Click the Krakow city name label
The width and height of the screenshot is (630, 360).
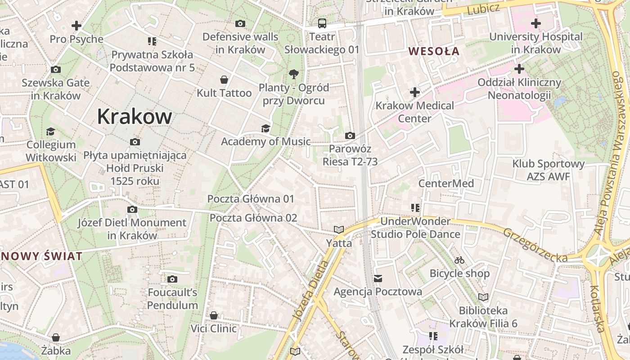tap(135, 117)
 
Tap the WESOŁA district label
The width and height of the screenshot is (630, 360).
tap(434, 51)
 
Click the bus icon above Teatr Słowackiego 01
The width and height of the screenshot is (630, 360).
tap(322, 23)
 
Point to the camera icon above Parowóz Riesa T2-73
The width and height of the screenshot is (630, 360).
tap(350, 135)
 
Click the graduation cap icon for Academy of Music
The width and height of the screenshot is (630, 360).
tap(266, 129)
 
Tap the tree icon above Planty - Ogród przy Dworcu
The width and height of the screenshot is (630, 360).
tap(294, 74)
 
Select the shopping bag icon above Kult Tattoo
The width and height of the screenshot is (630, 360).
tap(224, 80)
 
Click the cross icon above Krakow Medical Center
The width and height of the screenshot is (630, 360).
tap(414, 93)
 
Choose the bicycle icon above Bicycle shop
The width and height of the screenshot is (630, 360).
tap(459, 260)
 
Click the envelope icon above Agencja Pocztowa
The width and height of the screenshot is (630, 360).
tap(378, 279)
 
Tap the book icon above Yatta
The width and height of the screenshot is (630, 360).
tap(339, 230)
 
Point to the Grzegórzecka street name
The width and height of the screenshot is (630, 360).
tap(535, 245)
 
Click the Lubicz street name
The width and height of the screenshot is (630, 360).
tap(483, 9)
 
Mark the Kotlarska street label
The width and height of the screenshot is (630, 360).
tap(596, 308)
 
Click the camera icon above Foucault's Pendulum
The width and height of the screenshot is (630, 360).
tap(172, 279)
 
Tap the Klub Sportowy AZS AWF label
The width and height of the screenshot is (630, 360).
tap(548, 170)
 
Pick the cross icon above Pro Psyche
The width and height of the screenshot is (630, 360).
tap(76, 26)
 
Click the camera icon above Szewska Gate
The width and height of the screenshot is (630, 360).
tap(56, 70)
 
